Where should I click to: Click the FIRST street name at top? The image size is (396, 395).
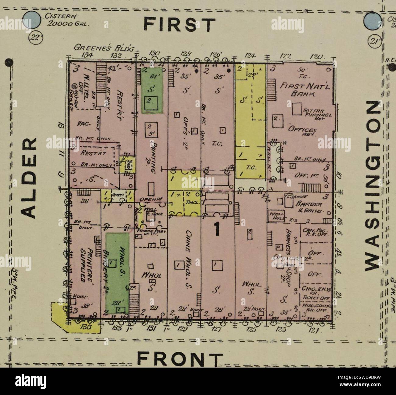click(x=179, y=25)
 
